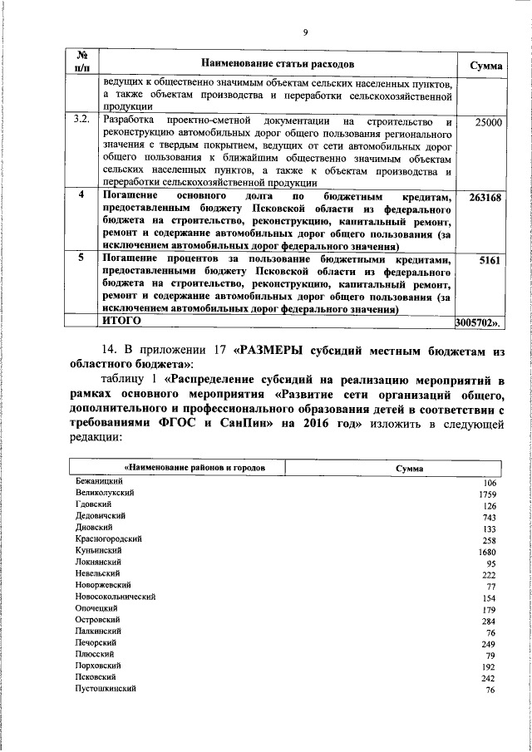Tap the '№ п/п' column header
(82, 63)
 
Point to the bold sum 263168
(484, 198)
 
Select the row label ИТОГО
(121, 320)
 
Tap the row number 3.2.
(81, 121)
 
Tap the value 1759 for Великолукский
(487, 494)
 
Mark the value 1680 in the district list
(487, 552)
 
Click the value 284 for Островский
(489, 621)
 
